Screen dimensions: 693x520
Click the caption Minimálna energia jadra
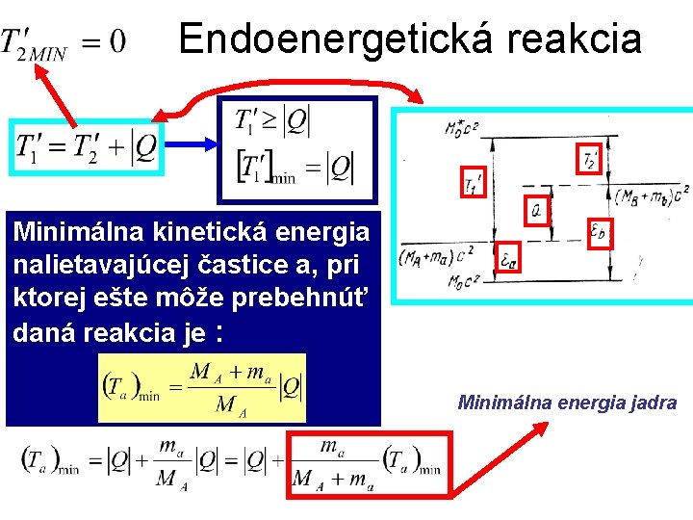tap(567, 403)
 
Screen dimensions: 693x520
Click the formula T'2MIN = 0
tap(63, 42)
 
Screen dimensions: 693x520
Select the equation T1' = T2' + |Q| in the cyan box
tap(86, 146)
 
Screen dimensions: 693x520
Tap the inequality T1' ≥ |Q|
tap(273, 121)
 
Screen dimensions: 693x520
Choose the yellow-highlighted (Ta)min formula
tap(202, 387)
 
